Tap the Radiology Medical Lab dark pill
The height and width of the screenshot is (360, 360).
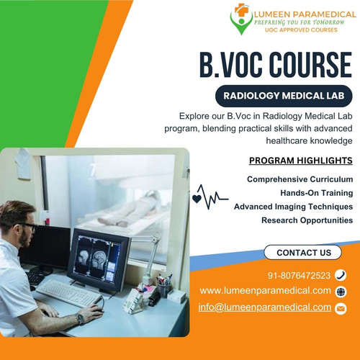pyautogui.click(x=284, y=95)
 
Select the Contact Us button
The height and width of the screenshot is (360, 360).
pyautogui.click(x=303, y=252)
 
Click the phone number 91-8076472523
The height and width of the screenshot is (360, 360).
pyautogui.click(x=299, y=275)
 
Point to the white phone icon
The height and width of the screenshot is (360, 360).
pyautogui.click(x=341, y=275)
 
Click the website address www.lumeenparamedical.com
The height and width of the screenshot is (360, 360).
pyautogui.click(x=265, y=291)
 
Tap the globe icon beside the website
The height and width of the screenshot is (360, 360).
pyautogui.click(x=341, y=292)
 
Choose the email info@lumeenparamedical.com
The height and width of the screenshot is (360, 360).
pyautogui.click(x=264, y=307)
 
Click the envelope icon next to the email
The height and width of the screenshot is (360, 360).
pyautogui.click(x=341, y=308)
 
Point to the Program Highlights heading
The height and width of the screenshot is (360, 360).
pyautogui.click(x=300, y=161)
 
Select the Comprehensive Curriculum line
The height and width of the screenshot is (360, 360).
pyautogui.click(x=300, y=179)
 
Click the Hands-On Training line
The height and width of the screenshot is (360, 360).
pyautogui.click(x=316, y=192)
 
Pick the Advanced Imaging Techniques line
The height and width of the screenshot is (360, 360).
pyautogui.click(x=293, y=206)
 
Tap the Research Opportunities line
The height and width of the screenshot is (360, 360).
pyautogui.click(x=307, y=220)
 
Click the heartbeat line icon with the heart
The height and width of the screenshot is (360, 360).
pyautogui.click(x=208, y=197)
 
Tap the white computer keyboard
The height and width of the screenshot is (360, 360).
pyautogui.click(x=68, y=292)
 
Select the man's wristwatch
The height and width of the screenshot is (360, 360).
pyautogui.click(x=80, y=318)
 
